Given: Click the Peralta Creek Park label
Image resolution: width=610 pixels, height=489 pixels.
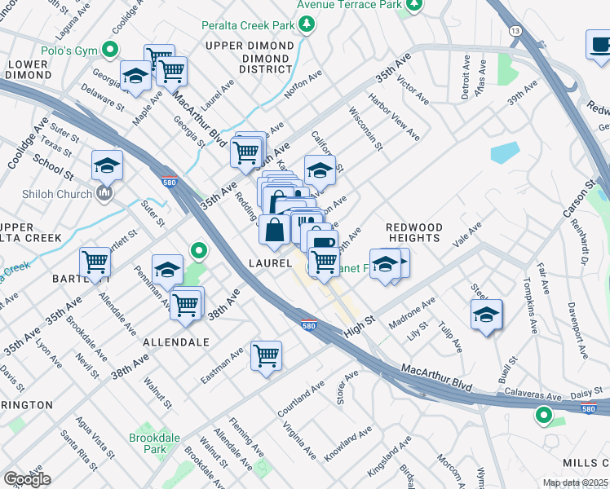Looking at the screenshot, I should (249, 25).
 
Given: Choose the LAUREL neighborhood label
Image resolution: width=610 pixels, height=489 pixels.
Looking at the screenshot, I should (271, 263).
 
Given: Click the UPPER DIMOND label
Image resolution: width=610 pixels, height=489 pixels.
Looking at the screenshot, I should (242, 46).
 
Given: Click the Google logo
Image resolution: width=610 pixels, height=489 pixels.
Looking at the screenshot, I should (27, 478).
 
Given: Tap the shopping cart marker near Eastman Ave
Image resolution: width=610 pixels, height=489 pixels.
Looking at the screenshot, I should (266, 356).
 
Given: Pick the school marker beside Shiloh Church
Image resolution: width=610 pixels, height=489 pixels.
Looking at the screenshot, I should (107, 166).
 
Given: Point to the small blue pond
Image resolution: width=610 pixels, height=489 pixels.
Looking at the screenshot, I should (505, 152).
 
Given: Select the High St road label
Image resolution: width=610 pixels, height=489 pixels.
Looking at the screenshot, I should (358, 324).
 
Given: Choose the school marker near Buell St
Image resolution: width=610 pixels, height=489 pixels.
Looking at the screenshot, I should (486, 316).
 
